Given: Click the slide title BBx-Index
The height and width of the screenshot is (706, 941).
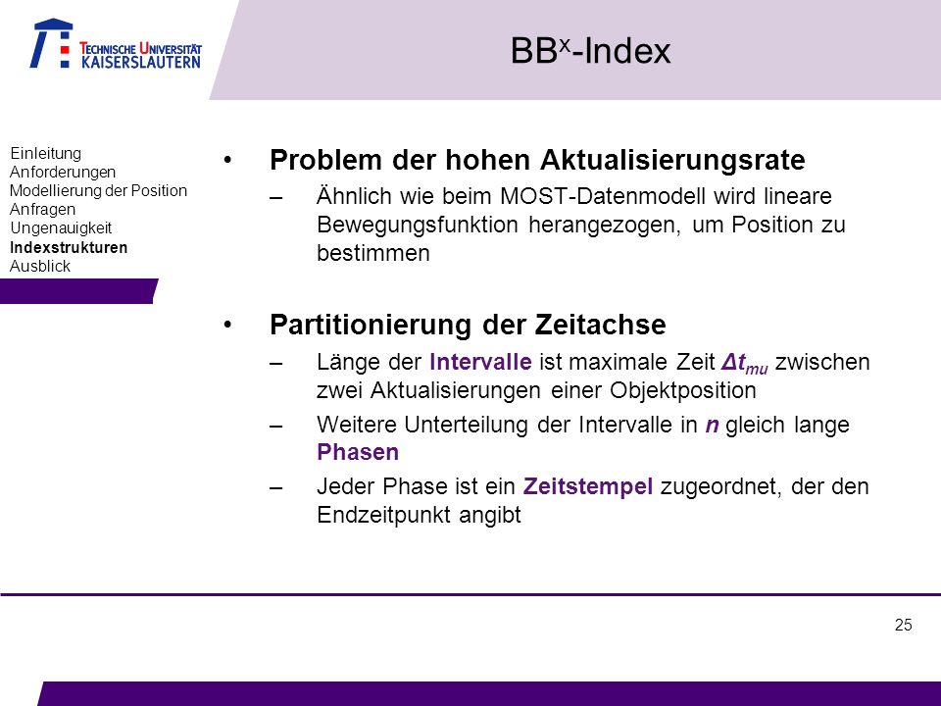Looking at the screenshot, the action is pyautogui.click(x=590, y=50).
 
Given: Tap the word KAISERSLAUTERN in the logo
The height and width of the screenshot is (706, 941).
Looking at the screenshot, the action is pyautogui.click(x=141, y=62).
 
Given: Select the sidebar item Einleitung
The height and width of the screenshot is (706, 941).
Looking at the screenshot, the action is pyautogui.click(x=46, y=153).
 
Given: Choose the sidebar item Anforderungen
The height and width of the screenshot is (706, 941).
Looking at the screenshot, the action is pyautogui.click(x=63, y=172).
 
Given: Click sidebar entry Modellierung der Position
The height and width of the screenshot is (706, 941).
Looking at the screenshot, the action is pyautogui.click(x=98, y=190).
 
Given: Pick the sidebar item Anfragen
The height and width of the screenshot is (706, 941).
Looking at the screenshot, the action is pyautogui.click(x=42, y=209).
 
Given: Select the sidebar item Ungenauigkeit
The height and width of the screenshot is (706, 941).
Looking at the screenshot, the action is pyautogui.click(x=61, y=227).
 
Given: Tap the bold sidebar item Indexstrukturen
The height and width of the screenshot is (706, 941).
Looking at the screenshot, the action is pyautogui.click(x=69, y=247).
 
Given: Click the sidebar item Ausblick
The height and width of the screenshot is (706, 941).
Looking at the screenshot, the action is pyautogui.click(x=40, y=266).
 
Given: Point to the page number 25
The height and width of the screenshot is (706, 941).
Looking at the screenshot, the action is pyautogui.click(x=903, y=625).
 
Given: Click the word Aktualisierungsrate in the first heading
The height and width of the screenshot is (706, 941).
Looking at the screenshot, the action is pyautogui.click(x=672, y=160).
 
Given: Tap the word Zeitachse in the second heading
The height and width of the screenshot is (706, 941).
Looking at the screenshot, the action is pyautogui.click(x=600, y=325).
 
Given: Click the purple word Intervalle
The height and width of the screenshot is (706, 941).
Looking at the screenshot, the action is pyautogui.click(x=480, y=362).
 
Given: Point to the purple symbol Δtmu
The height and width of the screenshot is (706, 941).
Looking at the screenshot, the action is pyautogui.click(x=745, y=363).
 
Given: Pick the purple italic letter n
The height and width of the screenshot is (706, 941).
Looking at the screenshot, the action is pyautogui.click(x=712, y=425).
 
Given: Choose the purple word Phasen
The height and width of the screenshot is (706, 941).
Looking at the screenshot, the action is pyautogui.click(x=358, y=452).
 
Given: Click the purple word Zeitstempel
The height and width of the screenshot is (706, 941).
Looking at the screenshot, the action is pyautogui.click(x=587, y=486).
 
